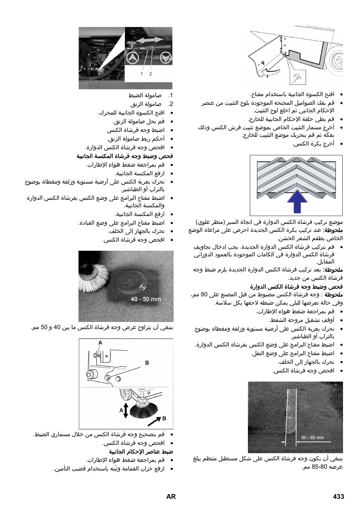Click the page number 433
click(338, 497)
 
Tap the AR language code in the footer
click(171, 497)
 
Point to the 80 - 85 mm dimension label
click(312, 437)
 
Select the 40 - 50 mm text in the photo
click(146, 299)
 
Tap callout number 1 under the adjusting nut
click(142, 74)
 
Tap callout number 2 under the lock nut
click(150, 74)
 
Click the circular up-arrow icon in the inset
click(132, 58)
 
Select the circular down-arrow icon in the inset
click(166, 58)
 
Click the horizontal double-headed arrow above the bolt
click(150, 40)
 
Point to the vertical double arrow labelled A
click(126, 410)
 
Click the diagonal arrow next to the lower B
click(154, 421)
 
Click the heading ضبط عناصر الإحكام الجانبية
click(141, 451)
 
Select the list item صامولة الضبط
click(145, 95)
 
